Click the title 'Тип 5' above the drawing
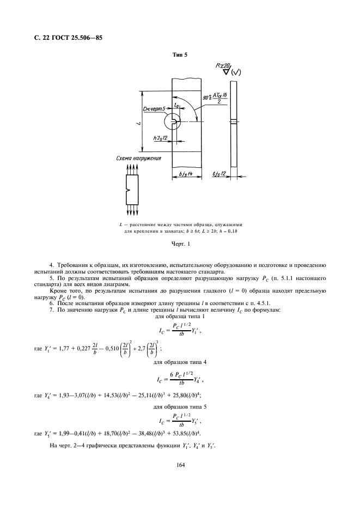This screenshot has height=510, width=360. point(180,55)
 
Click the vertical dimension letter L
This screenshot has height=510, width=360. point(139,123)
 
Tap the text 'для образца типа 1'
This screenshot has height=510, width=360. point(180,316)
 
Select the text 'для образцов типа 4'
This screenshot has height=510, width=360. point(180,362)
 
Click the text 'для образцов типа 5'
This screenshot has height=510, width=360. point(180,406)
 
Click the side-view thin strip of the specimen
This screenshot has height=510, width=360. point(234,123)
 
